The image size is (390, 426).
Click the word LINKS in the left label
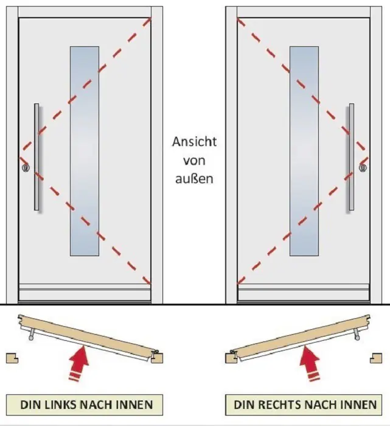tap(57, 404)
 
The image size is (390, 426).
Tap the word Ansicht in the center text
tap(194, 142)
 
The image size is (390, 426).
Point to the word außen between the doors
tap(194, 180)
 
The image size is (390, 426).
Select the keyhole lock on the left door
tap(25, 167)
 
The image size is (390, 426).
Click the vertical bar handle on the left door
tap(37, 157)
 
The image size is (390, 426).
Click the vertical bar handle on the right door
tap(351, 157)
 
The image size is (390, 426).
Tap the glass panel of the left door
tap(85, 151)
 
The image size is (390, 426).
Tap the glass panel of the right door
tap(304, 151)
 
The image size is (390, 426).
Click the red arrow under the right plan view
tap(310, 364)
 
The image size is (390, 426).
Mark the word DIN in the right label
tap(244, 404)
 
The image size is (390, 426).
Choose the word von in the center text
tap(194, 161)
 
